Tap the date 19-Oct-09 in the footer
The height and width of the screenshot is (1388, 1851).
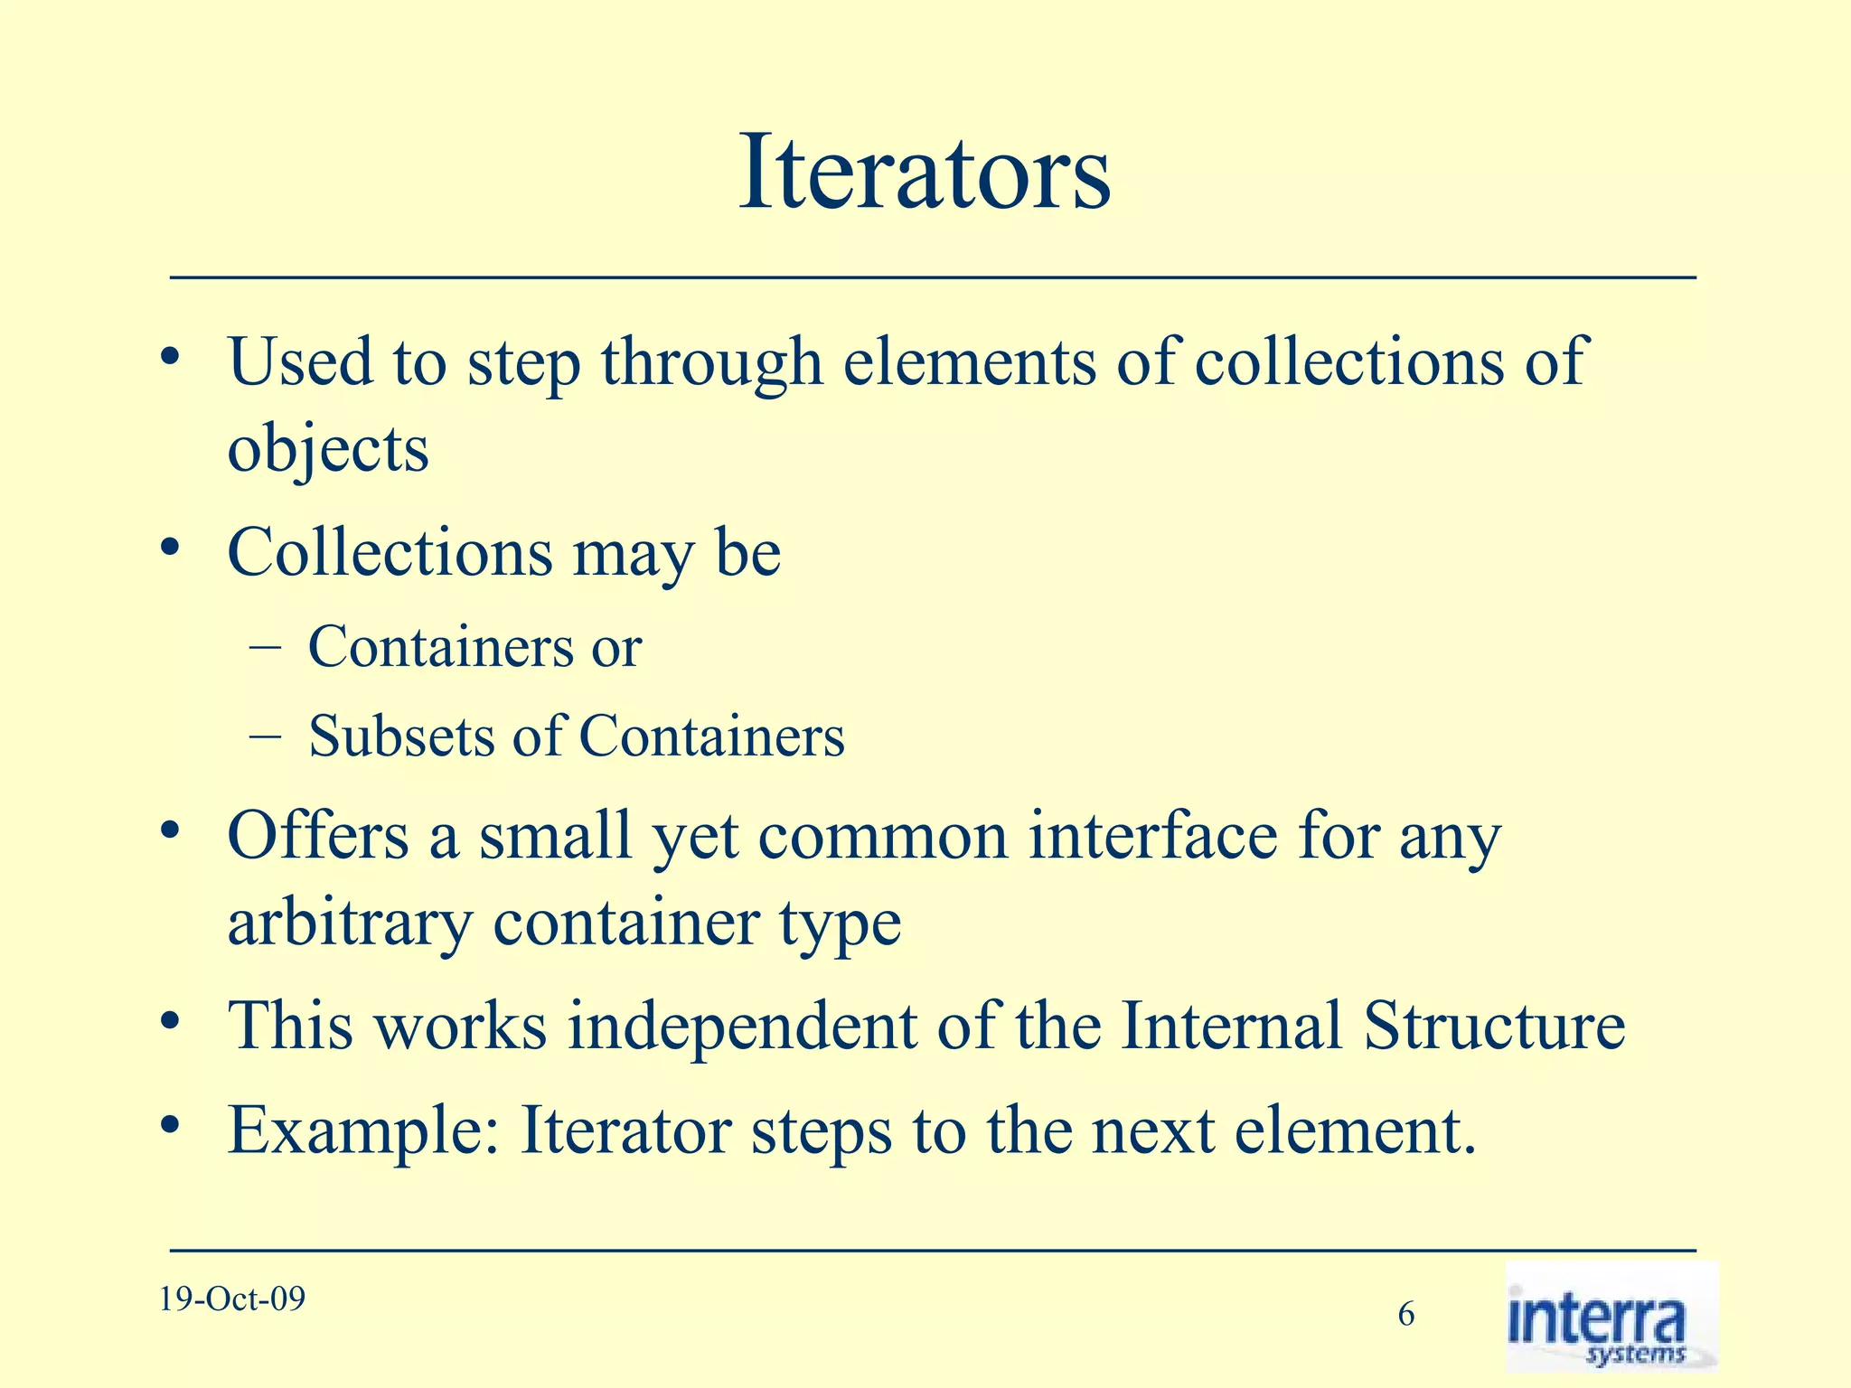tap(232, 1299)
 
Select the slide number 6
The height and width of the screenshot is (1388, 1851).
tap(1406, 1314)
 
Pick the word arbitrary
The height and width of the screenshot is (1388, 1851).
tap(350, 924)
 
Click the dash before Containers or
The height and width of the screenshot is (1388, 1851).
tap(263, 647)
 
